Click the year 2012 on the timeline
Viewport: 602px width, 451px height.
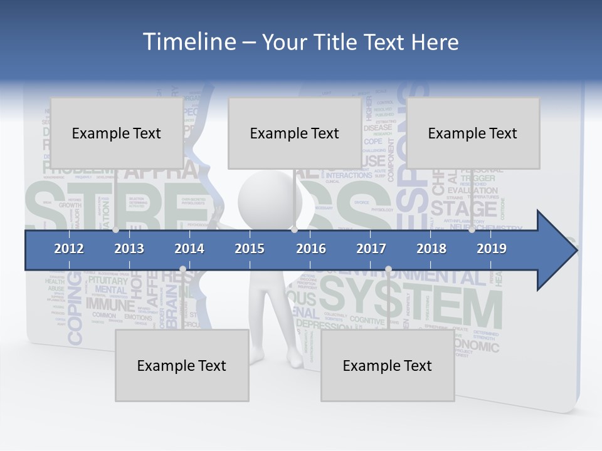[x=69, y=249]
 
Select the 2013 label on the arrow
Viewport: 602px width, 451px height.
[x=129, y=249]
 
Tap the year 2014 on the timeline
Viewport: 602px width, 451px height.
[x=189, y=249]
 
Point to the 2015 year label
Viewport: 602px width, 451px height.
[x=250, y=249]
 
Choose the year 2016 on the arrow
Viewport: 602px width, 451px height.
[x=311, y=249]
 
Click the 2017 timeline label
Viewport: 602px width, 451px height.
[x=371, y=249]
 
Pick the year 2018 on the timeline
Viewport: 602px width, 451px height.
[x=431, y=249]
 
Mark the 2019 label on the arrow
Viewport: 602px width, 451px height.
[x=492, y=249]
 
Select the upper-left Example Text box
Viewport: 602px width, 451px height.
[x=117, y=133]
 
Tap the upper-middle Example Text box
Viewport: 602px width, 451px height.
[x=295, y=133]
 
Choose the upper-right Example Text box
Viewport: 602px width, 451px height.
[x=473, y=133]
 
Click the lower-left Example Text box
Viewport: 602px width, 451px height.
[x=182, y=365]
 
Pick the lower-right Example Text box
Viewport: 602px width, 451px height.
[x=388, y=365]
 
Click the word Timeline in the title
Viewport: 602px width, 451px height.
[x=188, y=42]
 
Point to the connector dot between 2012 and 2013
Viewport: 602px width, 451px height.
[x=115, y=230]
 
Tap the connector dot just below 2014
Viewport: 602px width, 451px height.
[x=182, y=269]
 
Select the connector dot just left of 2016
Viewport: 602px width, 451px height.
[x=295, y=230]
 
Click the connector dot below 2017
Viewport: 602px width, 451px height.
[x=388, y=269]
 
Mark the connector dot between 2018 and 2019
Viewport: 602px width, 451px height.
[x=472, y=230]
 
